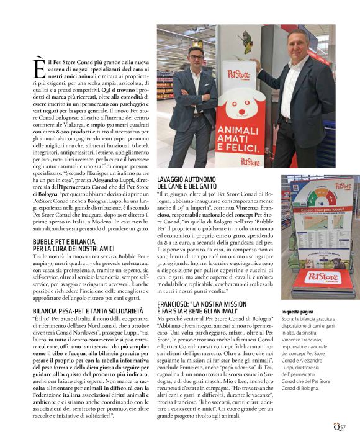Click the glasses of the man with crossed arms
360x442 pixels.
tap(198, 60)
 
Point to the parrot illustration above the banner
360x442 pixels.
tap(248, 38)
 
